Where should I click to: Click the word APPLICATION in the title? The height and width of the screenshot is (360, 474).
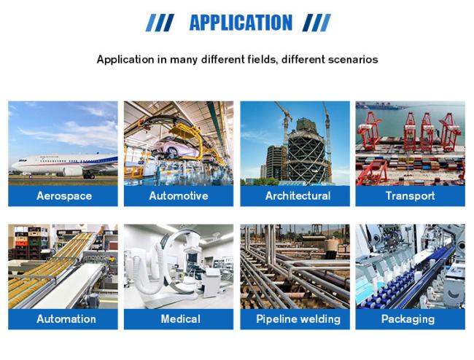pos(241,23)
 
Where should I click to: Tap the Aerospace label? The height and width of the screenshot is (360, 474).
pos(64,196)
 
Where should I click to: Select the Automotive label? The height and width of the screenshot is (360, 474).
pos(179,196)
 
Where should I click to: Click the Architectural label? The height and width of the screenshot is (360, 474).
pos(298,196)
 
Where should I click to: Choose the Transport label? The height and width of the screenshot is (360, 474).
pos(411,196)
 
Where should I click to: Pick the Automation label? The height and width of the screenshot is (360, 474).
pos(66,319)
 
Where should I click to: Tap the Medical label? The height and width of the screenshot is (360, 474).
pos(180,319)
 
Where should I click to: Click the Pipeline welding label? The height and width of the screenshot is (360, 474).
pos(298,319)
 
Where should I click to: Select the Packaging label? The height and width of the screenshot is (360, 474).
pos(408,319)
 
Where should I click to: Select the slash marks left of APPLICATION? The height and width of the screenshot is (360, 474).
pos(160,23)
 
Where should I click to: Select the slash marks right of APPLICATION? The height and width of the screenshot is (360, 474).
pos(316,23)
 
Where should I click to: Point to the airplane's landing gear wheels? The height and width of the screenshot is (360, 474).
pos(89,176)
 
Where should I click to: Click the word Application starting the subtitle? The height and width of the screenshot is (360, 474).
pos(125,60)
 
